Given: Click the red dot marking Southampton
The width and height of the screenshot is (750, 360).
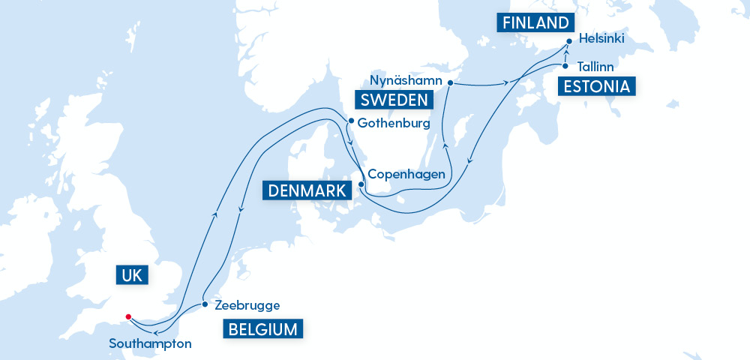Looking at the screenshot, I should coord(129,316).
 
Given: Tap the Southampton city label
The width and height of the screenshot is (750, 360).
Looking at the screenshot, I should coord(150,344).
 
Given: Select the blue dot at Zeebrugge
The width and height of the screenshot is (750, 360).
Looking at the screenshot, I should coord(205,305).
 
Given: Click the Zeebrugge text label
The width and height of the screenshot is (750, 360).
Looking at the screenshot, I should coord(247,305).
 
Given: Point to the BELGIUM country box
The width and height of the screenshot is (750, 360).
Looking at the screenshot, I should coord(262,328).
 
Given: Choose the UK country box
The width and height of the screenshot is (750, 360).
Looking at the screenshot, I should coord(133,275).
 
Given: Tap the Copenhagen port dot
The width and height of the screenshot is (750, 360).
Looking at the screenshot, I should coord(361,184).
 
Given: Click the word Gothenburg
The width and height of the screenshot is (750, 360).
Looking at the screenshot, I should coord(393,122).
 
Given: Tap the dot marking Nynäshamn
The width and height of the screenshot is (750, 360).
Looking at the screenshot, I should coord(450,82).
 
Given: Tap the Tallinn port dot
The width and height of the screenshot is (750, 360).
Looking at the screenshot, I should coord(565,67).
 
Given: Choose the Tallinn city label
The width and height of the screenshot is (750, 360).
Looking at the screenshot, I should coord(595,67).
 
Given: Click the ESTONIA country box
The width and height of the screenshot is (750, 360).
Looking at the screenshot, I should coord(597,86).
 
